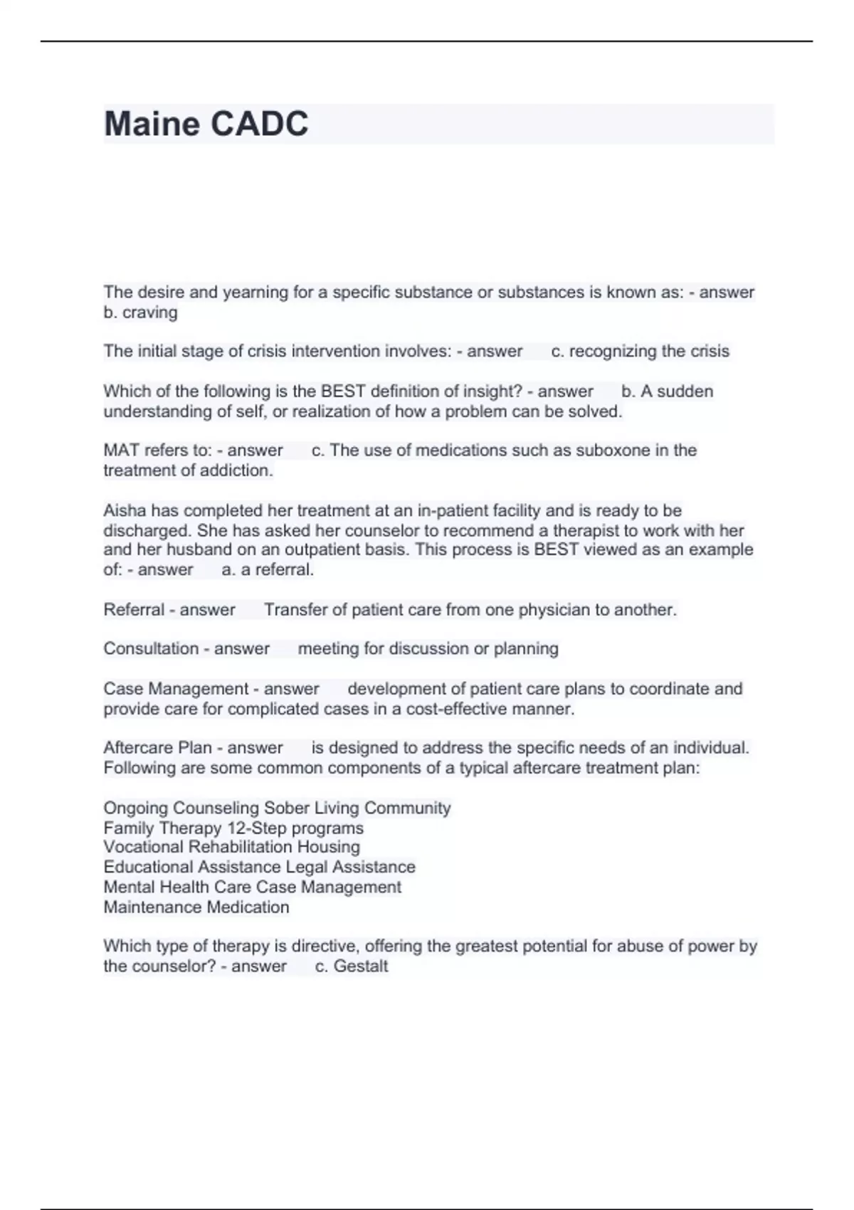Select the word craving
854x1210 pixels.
click(x=149, y=312)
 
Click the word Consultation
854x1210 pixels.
click(x=151, y=649)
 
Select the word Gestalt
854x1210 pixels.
click(x=361, y=967)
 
